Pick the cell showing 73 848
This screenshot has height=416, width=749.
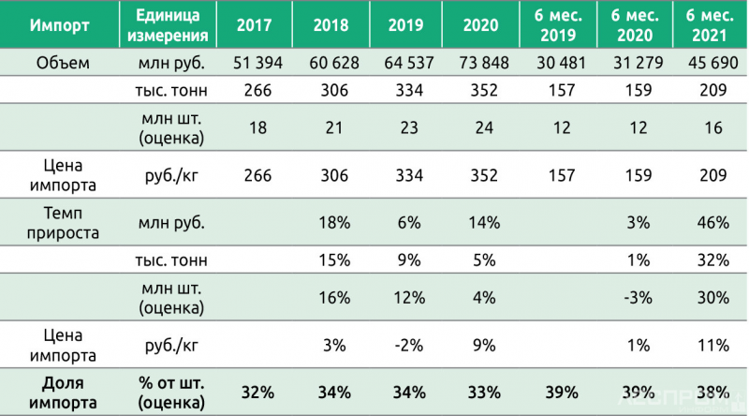pyautogui.click(x=479, y=63)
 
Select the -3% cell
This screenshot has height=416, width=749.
pyautogui.click(x=634, y=297)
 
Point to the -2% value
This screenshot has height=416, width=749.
pyautogui.click(x=406, y=344)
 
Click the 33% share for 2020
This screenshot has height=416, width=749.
pyautogui.click(x=480, y=393)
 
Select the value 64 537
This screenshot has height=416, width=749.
pyautogui.click(x=406, y=63)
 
